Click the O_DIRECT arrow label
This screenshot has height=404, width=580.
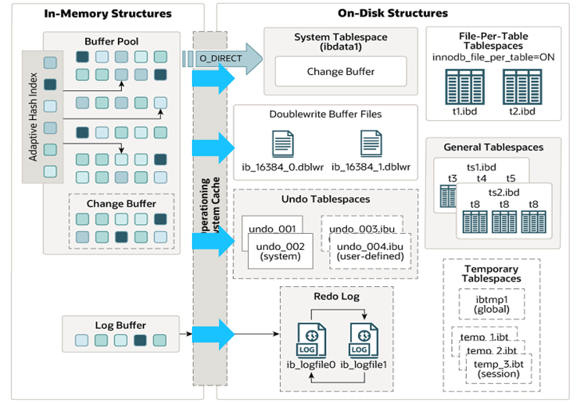point(221,59)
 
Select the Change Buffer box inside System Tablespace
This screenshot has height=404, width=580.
point(340,72)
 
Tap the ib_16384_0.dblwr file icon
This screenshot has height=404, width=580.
point(283,144)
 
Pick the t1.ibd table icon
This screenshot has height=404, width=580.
point(462,86)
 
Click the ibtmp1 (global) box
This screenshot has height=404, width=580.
point(491,303)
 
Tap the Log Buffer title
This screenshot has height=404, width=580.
point(120,325)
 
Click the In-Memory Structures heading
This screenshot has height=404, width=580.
point(107,13)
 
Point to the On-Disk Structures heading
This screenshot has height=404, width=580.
point(393,13)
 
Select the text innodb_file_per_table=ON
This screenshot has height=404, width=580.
point(493,57)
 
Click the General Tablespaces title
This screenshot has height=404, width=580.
point(493,147)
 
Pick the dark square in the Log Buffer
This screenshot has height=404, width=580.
point(140,340)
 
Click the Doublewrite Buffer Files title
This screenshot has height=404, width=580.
point(325,114)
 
